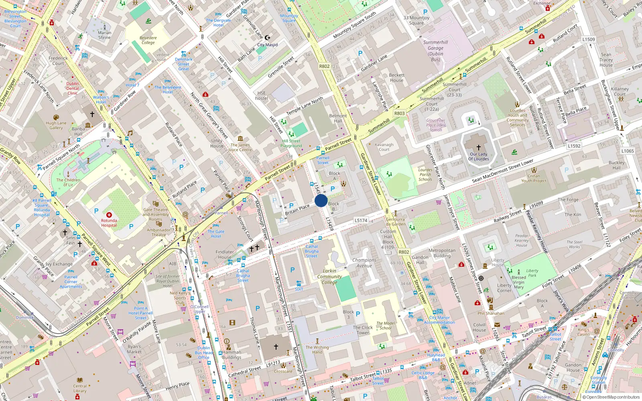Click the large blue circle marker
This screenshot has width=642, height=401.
321,200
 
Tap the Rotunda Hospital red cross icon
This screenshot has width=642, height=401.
109,215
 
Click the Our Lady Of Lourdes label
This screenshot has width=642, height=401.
478,156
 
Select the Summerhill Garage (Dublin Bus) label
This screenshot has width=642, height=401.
435,51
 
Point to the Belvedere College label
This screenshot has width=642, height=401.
148,40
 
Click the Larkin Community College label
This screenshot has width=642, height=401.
329,276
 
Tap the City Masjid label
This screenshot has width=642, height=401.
267,45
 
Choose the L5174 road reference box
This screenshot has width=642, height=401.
361,220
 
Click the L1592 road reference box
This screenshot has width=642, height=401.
574,146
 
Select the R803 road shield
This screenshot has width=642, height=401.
399,113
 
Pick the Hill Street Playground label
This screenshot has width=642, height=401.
291,143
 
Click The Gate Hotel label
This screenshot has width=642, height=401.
216,234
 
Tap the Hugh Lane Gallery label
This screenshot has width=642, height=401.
56,126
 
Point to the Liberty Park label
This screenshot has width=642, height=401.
532,273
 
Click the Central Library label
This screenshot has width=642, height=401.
80,388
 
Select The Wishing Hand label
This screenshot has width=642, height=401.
317,350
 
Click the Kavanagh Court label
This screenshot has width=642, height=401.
384,147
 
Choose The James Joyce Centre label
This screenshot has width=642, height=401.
240,147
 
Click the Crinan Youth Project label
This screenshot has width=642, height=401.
534,178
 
